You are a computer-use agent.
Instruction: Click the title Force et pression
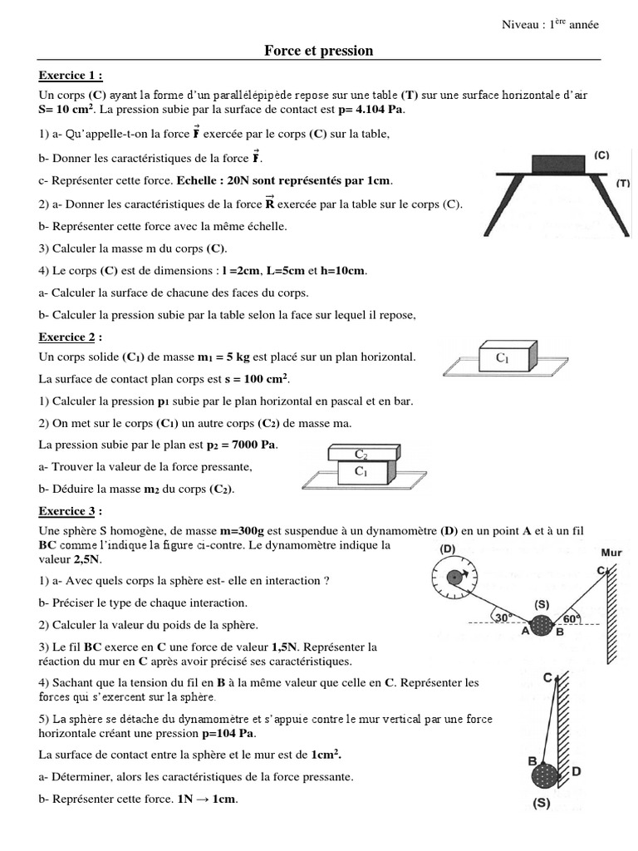point(319,51)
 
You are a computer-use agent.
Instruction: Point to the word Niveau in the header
point(518,24)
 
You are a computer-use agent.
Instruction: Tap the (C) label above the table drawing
point(602,155)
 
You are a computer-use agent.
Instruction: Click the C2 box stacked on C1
point(361,454)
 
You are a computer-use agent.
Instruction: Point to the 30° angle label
point(503,617)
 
